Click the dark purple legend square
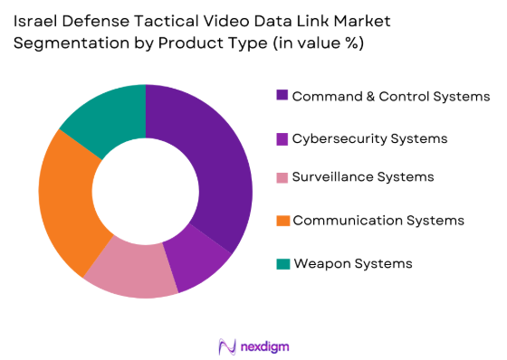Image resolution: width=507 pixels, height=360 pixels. [x=282, y=96]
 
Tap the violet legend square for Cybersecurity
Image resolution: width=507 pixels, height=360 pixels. [x=282, y=138]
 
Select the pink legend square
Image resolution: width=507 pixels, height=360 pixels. [x=282, y=179]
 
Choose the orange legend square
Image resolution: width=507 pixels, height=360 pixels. [x=282, y=221]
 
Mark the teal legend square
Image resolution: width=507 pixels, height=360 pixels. [x=282, y=263]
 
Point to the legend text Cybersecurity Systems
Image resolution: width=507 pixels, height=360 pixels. [x=370, y=138]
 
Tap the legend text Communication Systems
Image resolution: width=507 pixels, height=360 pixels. [x=379, y=221]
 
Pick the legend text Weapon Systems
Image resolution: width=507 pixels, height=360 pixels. [x=353, y=263]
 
